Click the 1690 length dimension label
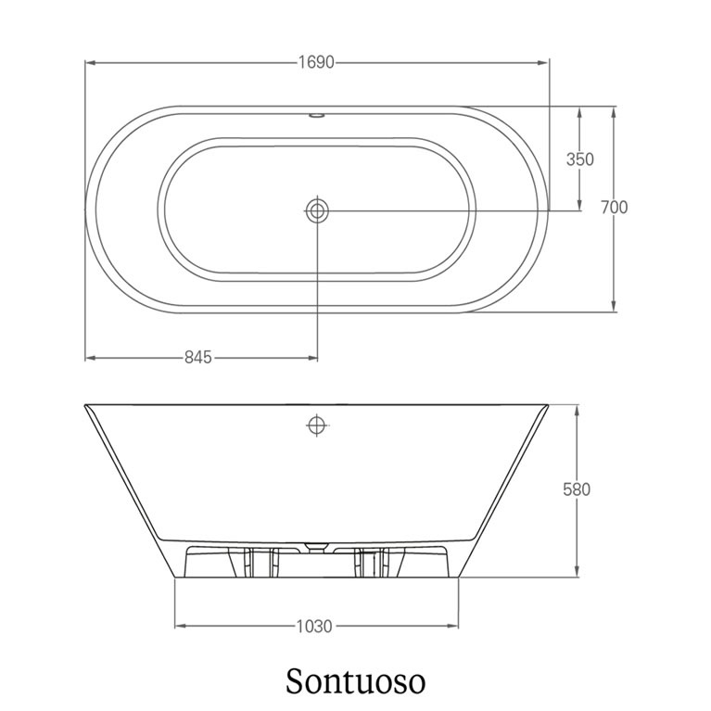coord(316,62)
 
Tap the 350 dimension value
coord(580,159)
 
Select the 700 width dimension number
coord(614,208)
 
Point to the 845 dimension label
coord(198,357)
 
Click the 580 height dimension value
coord(577,489)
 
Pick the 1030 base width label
coord(314,627)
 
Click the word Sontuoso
coord(356,680)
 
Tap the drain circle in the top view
coord(317,210)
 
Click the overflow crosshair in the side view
coord(317,425)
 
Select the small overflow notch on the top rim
coord(317,116)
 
